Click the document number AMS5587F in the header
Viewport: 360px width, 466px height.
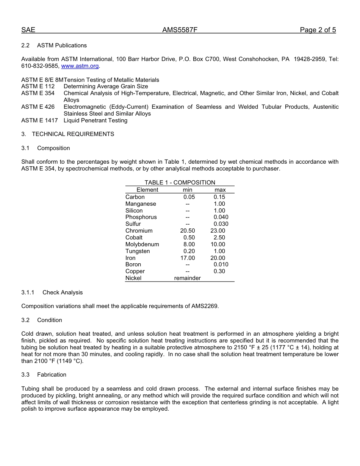(180, 30)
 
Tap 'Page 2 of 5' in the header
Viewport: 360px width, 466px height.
(318, 30)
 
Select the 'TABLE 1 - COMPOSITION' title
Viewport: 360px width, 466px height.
(180, 183)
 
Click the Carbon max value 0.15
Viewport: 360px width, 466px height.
(219, 197)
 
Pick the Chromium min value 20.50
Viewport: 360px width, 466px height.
(188, 231)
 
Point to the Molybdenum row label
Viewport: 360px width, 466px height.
(142, 244)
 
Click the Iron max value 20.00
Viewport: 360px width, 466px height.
(218, 258)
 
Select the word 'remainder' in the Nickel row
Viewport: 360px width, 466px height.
(187, 278)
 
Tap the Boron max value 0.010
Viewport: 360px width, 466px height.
(221, 264)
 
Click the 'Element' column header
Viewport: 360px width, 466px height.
(147, 190)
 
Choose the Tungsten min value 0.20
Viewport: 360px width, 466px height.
(189, 251)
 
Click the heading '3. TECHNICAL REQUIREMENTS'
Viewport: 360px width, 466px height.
(67, 134)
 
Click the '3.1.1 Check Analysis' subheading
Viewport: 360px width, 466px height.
(52, 292)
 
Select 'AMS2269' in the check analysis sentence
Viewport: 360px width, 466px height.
(205, 306)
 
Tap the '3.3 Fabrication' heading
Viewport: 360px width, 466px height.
(44, 375)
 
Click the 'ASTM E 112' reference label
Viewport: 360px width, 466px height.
(38, 86)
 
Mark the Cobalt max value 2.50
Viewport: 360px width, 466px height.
(219, 238)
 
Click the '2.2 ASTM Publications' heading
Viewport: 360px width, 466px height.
(54, 45)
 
